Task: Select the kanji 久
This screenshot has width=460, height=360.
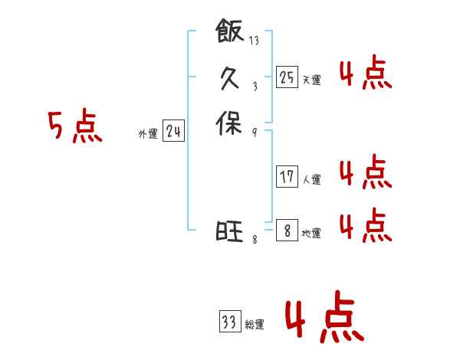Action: coord(229,77)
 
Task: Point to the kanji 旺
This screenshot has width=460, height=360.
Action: coord(229,231)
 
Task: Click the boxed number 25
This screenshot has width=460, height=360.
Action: coord(287,77)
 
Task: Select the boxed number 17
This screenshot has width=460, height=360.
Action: coord(287,177)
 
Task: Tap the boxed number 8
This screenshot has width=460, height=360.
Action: coord(287,231)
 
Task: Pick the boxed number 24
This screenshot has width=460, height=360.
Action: coord(174,132)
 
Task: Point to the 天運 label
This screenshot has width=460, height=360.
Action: coord(311,80)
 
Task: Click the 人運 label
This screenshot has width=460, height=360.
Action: coord(311,180)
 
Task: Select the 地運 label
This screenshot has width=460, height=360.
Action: coord(311,234)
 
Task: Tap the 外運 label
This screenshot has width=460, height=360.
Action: coord(148,134)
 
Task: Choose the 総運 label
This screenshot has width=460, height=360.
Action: coord(255,325)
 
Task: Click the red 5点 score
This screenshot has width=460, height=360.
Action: coord(74,126)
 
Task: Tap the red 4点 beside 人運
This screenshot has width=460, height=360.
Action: coord(365,172)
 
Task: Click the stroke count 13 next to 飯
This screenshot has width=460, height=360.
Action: coord(254,41)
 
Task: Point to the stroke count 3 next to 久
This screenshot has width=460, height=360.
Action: coord(254,87)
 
